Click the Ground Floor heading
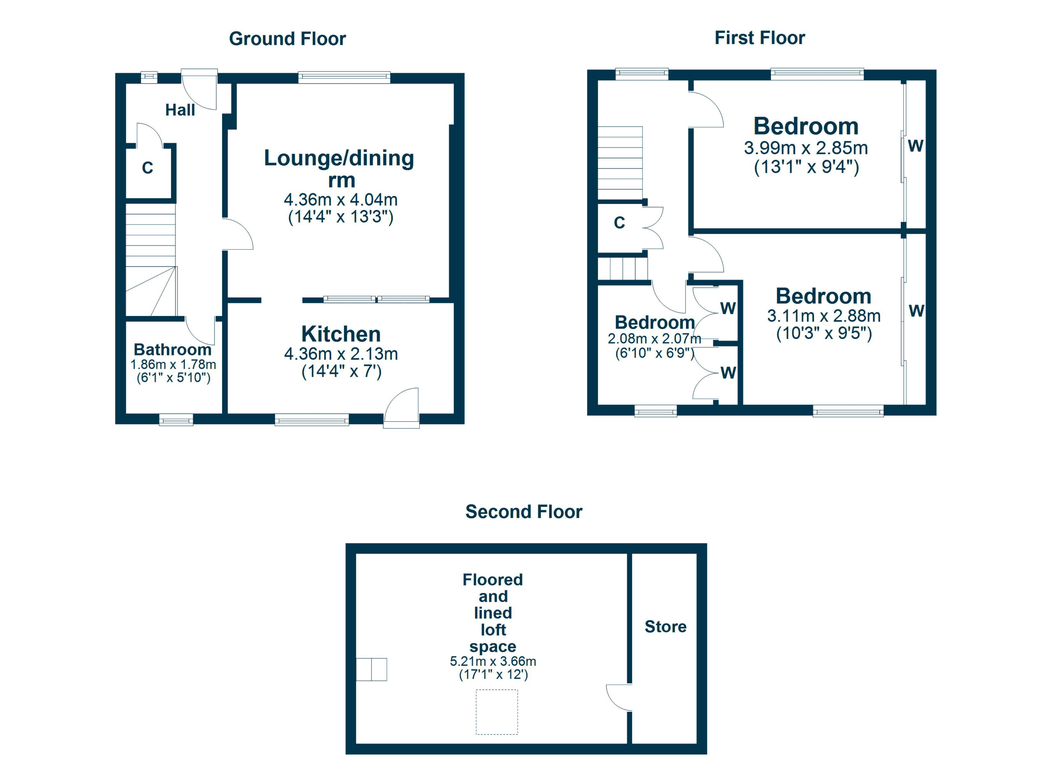tap(288, 39)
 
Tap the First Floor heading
tap(760, 37)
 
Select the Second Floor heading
tap(524, 512)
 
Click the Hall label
tap(180, 110)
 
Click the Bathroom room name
tap(173, 350)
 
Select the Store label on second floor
tap(665, 627)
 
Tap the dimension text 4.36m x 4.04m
tap(341, 200)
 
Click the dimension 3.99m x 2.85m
tap(806, 148)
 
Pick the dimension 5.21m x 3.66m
tap(493, 661)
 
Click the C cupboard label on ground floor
tap(148, 167)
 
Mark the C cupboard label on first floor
tap(619, 223)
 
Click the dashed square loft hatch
tap(497, 712)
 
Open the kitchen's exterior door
tap(402, 407)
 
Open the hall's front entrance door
tap(199, 89)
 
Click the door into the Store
tap(619, 698)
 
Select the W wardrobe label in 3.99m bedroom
tap(916, 146)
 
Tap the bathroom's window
tap(176, 420)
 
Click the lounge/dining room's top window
tap(344, 77)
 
